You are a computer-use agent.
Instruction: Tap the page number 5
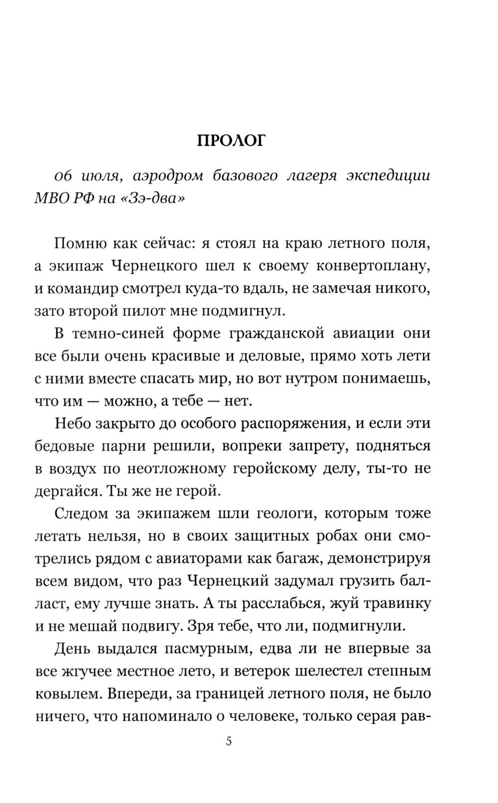pyautogui.click(x=229, y=742)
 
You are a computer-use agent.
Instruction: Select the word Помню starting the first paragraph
pyautogui.click(x=79, y=243)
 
